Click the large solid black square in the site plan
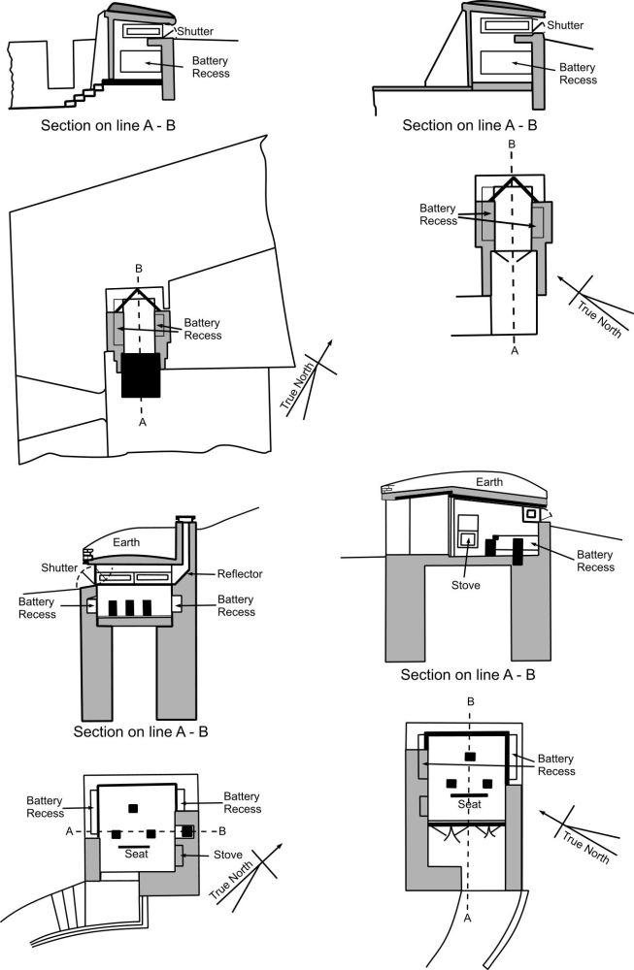(142, 374)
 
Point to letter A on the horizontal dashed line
(68, 830)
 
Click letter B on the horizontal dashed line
(222, 830)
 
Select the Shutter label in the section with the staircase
(194, 31)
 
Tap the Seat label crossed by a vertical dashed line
(470, 804)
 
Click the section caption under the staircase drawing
(109, 125)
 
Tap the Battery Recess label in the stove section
(595, 560)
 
